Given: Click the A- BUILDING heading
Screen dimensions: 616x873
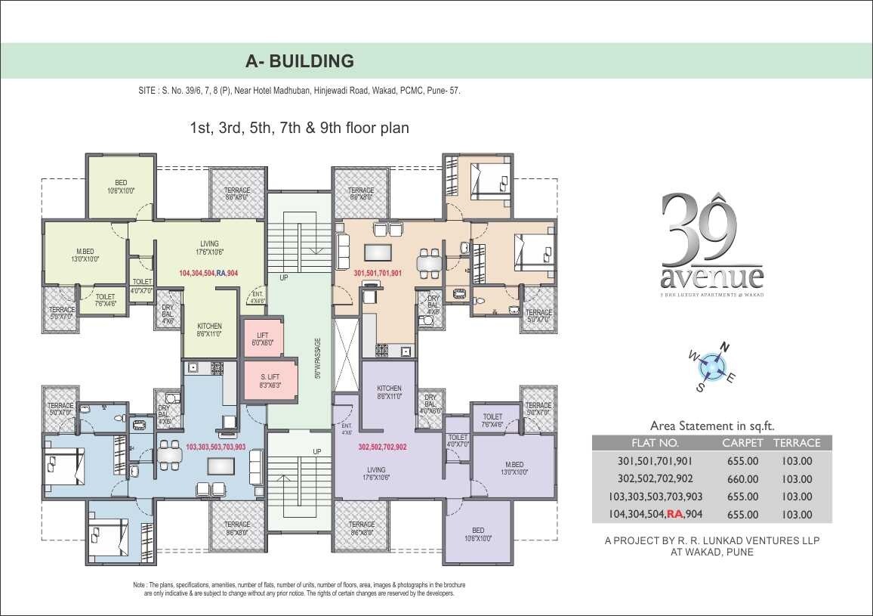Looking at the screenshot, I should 300,60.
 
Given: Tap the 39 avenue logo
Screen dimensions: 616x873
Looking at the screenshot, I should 711,243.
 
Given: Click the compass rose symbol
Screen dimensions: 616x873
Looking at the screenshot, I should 711,367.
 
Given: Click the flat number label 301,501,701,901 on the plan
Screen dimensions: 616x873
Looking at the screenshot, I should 378,273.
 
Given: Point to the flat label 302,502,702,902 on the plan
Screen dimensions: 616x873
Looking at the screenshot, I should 382,447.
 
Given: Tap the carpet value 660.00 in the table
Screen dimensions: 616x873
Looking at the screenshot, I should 742,478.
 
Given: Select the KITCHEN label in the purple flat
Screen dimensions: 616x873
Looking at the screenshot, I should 389,392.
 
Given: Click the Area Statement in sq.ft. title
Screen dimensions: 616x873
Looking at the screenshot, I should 712,426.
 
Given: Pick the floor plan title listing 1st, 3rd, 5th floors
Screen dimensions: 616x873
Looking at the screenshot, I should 300,128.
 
